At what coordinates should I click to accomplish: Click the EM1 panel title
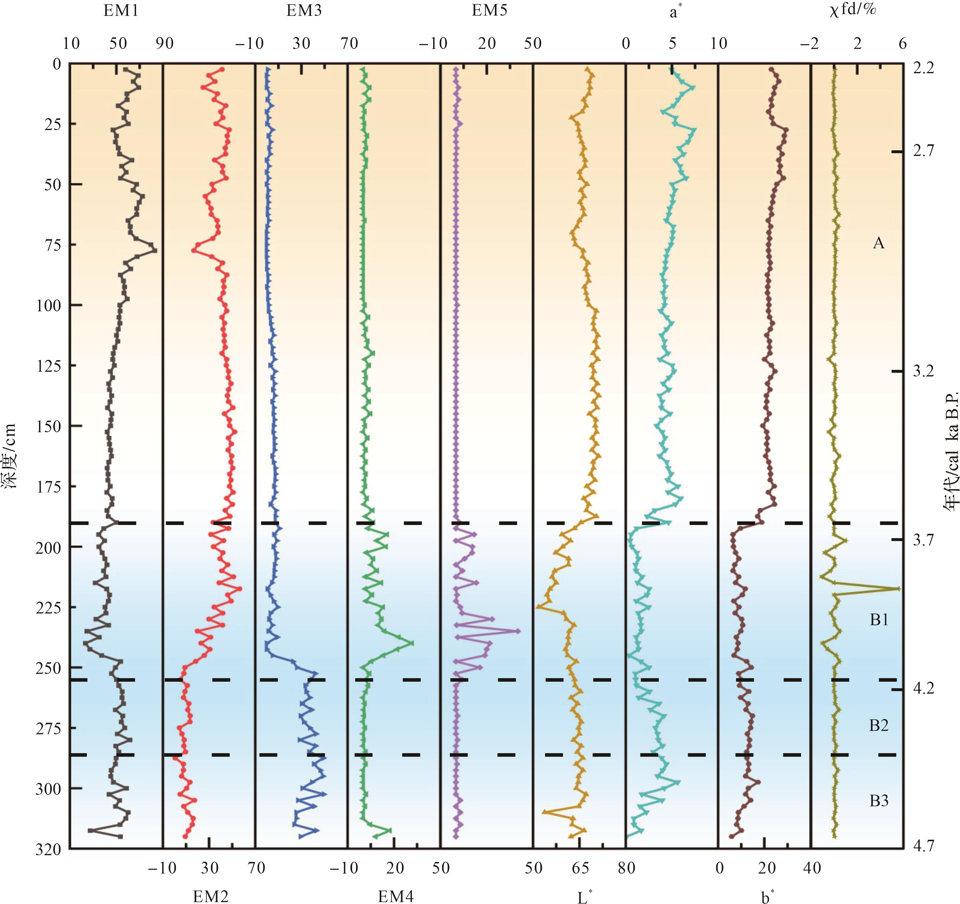tap(121, 11)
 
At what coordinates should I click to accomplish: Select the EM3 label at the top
tap(304, 11)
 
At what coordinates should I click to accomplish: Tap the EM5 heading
tap(489, 11)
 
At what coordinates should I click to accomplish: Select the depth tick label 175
tap(48, 487)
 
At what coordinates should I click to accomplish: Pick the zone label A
tap(878, 243)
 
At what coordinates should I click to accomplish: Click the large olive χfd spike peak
tap(898, 589)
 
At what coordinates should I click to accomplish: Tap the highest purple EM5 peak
tap(519, 631)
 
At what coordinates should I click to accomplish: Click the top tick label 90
tap(165, 43)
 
